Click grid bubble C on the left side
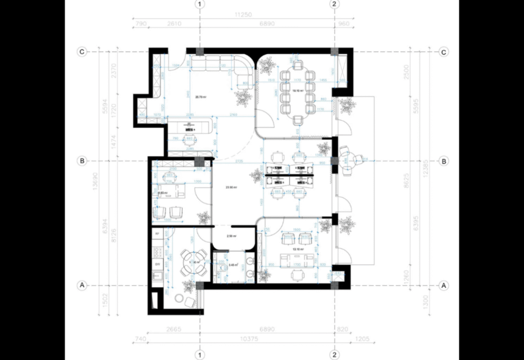click(x=81, y=52)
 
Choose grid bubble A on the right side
click(x=444, y=285)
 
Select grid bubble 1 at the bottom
click(x=200, y=354)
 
